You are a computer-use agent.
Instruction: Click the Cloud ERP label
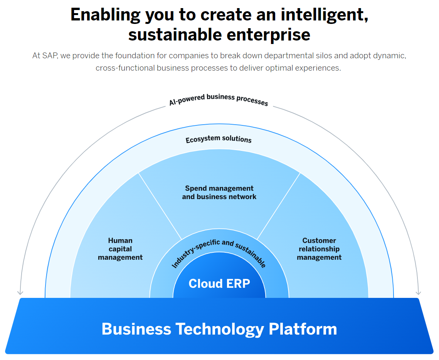pyautogui.click(x=219, y=284)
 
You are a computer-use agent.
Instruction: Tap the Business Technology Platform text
pyautogui.click(x=219, y=329)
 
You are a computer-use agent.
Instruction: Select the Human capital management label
pyautogui.click(x=120, y=249)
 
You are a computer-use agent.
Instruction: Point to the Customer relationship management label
pyautogui.click(x=319, y=249)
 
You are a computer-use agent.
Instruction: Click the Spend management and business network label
pyautogui.click(x=219, y=193)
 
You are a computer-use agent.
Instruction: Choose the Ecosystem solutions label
pyautogui.click(x=219, y=139)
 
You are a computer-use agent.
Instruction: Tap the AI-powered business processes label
pyautogui.click(x=219, y=99)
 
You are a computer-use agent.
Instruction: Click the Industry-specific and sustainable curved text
pyautogui.click(x=219, y=251)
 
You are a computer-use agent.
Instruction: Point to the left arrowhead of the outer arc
pyautogui.click(x=20, y=292)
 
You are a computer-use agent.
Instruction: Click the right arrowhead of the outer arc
pyautogui.click(x=419, y=292)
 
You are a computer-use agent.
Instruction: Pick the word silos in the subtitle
pyautogui.click(x=321, y=56)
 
